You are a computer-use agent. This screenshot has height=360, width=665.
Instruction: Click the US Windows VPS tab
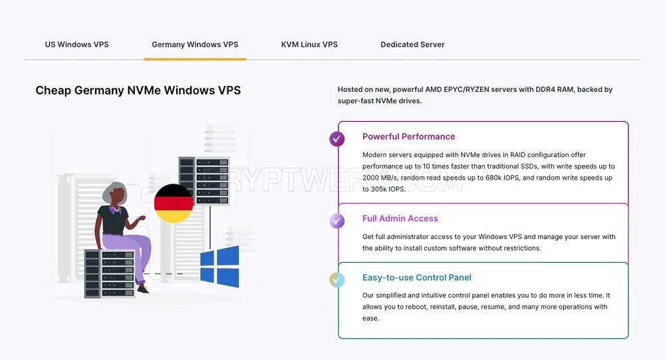76,45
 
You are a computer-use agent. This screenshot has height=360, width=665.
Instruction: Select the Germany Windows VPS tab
195,45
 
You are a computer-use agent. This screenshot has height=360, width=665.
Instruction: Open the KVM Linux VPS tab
309,45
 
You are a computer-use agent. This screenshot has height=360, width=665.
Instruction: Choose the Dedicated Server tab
412,45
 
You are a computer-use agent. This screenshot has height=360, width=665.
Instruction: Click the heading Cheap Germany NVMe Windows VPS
138,90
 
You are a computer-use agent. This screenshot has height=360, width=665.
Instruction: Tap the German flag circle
174,204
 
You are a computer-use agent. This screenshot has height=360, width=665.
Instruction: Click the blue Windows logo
219,266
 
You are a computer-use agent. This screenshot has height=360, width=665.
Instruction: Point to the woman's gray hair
113,192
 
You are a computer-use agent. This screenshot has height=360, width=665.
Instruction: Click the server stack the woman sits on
110,273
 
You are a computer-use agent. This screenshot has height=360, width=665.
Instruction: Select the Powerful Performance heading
408,136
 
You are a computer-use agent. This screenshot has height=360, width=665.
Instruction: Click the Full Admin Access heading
400,219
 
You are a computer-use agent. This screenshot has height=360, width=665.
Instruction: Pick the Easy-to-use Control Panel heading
416,277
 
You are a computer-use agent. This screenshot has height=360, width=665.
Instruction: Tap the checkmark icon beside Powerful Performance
337,139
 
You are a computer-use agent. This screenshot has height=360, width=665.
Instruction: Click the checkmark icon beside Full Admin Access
337,221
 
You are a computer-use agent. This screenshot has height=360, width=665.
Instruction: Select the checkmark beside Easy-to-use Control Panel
337,279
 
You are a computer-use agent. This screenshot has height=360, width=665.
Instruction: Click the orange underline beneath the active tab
195,59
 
